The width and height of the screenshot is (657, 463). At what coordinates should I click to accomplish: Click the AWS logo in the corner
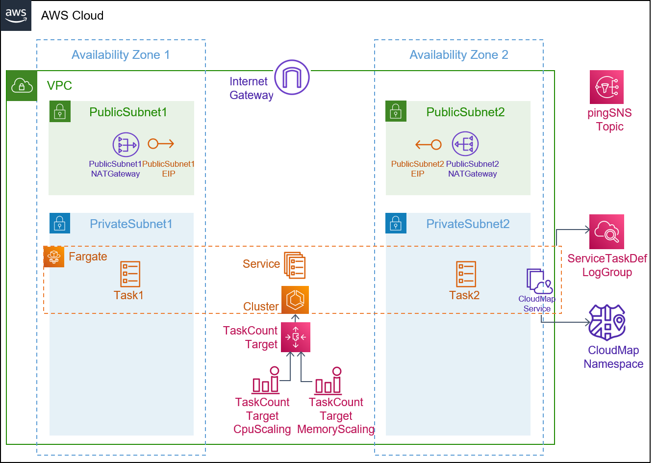pos(16,15)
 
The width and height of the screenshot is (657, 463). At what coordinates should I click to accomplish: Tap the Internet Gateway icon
pos(292,77)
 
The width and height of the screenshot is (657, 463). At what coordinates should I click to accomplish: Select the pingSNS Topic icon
pos(606,87)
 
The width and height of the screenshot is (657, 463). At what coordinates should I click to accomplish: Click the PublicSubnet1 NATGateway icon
pos(126,144)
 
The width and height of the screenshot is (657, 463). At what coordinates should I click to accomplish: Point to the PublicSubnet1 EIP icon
pos(161,144)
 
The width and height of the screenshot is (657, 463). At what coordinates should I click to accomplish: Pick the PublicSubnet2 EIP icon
pos(428,144)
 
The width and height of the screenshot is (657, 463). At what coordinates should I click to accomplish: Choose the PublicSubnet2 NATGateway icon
pos(465,144)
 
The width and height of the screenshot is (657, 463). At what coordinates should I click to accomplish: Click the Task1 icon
pos(130,274)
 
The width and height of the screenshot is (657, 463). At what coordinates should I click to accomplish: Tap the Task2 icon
pos(466,274)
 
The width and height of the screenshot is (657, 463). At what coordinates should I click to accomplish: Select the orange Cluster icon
pos(295,300)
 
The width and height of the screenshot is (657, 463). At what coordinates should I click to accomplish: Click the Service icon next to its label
pos(295,265)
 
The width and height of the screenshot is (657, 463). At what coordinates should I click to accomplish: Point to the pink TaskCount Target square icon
pos(296,337)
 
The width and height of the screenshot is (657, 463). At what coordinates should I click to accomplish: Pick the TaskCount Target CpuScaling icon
pos(266,380)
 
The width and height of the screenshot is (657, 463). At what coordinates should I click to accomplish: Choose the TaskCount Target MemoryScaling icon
pos(328,380)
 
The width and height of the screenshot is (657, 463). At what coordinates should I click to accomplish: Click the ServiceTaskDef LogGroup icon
pos(606,232)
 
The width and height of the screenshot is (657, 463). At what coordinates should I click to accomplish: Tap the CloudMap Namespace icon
pos(607,322)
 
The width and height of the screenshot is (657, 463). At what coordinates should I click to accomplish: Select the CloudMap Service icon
pos(540,281)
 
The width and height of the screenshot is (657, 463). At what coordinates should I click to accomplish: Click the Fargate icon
pos(54,257)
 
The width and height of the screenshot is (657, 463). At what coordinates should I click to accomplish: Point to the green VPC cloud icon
pos(22,86)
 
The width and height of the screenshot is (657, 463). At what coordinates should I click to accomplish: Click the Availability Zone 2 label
pos(459,55)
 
